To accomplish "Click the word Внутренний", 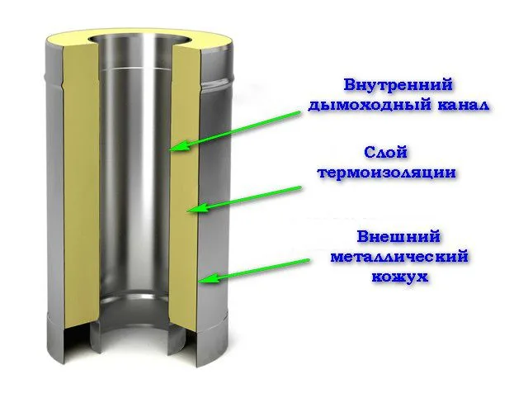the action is coord(398,84).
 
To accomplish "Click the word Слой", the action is coord(385,153).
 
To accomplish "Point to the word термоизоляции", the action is coord(387,173).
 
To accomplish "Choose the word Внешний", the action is coord(398,236).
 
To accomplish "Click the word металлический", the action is coord(399,257).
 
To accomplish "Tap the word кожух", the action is coord(400,277).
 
